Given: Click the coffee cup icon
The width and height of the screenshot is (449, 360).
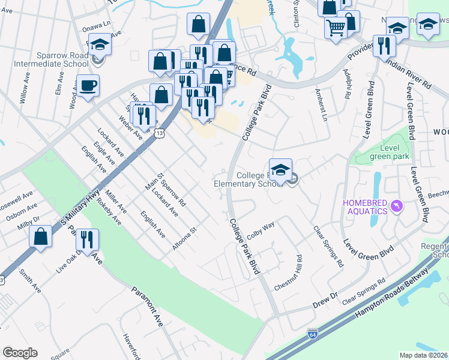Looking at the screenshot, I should [88, 85].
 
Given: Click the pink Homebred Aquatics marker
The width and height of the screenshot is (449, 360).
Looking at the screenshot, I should [396, 207].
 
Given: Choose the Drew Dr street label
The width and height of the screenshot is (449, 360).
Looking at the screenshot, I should [325, 299].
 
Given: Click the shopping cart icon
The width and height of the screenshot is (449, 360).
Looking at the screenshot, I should [336, 27].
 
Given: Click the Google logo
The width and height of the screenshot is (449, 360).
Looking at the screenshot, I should [20, 353].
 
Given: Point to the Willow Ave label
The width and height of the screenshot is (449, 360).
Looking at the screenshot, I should [25, 90].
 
